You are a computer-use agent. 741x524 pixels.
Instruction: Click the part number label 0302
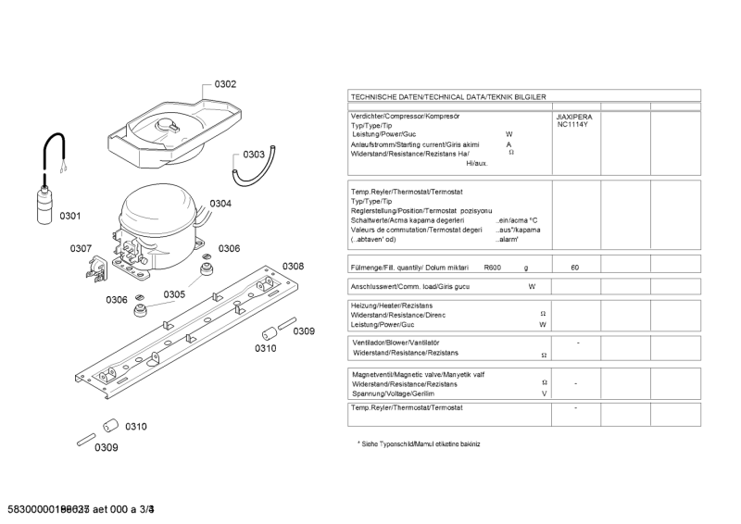point(225,84)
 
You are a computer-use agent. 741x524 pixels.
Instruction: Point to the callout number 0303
point(254,155)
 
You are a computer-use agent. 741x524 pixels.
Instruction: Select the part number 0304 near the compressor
point(220,204)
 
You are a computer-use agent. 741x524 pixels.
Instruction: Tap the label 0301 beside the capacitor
point(70,217)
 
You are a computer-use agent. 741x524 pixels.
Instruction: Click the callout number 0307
point(81,248)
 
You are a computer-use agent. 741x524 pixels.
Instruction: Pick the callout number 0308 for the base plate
point(293,267)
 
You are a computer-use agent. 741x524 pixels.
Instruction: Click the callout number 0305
point(174,294)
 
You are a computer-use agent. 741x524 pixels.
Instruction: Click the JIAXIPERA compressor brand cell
point(573,118)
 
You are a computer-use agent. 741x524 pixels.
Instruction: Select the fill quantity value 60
point(575,268)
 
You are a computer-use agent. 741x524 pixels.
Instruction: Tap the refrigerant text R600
point(492,268)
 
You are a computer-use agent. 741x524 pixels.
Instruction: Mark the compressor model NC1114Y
point(573,126)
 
